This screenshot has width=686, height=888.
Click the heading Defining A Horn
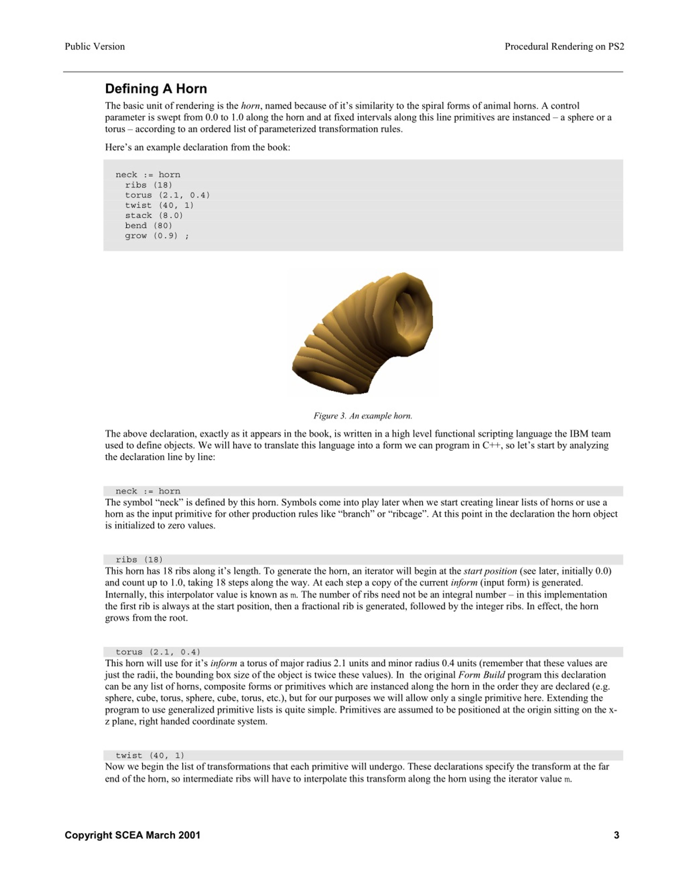(x=156, y=89)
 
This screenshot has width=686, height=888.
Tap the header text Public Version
(x=95, y=46)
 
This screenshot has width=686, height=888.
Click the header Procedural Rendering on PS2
(x=564, y=46)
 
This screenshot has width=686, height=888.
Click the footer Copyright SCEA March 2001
(x=132, y=835)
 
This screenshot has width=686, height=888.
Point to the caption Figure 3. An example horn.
(x=363, y=415)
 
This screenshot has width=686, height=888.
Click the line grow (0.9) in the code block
(x=156, y=236)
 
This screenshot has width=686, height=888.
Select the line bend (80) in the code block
(x=148, y=226)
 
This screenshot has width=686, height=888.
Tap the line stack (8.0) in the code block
(x=154, y=216)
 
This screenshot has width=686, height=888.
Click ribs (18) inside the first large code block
(x=148, y=185)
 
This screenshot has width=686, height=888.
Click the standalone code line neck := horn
(x=148, y=491)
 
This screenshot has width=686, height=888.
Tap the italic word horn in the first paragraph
(x=250, y=106)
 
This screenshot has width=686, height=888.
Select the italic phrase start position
(x=490, y=571)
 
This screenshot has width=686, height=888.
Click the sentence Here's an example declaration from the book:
(x=197, y=147)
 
